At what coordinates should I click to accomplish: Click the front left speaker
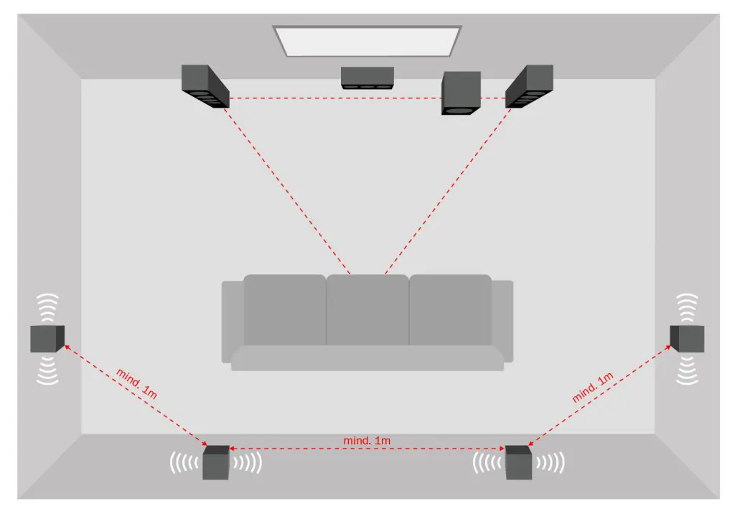coord(205,86)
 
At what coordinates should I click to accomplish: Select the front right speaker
coord(529,86)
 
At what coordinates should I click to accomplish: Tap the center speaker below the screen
coord(367,78)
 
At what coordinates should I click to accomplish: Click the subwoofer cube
coord(461,93)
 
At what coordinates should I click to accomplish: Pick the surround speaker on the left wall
coord(47,339)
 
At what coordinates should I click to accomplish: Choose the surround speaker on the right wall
coord(687,339)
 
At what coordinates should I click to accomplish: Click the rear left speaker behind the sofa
coord(215,462)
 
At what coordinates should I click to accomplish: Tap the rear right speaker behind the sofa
coord(518,462)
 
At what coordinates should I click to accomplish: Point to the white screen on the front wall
coord(367,41)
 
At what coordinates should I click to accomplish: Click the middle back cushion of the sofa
coord(367,310)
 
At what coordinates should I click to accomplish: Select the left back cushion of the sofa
coord(284,310)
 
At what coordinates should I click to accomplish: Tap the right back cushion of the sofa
coord(451,310)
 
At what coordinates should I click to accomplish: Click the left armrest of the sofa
coord(232,322)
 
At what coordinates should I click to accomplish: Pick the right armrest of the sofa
coord(502,322)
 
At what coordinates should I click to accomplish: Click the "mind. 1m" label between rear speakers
coord(367,441)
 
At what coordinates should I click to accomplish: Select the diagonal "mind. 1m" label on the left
coord(136,383)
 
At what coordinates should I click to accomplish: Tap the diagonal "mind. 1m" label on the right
coord(592,388)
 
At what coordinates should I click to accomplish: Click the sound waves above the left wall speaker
coord(48,307)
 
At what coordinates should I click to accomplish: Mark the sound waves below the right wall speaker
coord(687,370)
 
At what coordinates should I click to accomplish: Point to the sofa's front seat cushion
coord(367,358)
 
